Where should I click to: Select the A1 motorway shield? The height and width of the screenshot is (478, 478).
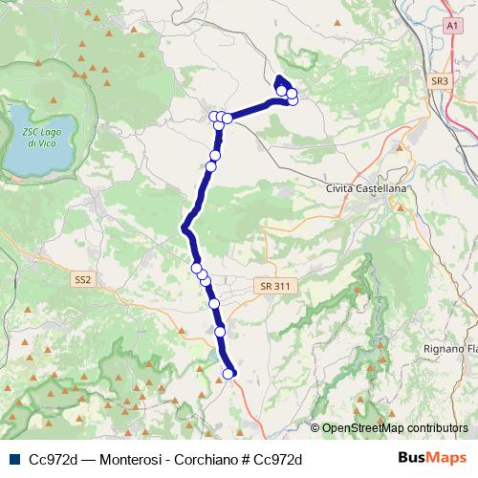450,29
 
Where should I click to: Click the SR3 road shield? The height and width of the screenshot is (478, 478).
439,82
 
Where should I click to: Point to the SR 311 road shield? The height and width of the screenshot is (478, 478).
272,286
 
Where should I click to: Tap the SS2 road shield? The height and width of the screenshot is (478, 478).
82,279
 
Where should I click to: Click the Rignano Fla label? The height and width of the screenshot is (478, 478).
449,349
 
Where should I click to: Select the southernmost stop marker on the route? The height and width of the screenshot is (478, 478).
229,374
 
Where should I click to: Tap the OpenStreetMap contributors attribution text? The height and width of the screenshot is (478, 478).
395,427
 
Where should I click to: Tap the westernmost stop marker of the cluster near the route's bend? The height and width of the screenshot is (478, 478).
214,117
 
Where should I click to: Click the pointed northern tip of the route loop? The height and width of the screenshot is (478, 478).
278,78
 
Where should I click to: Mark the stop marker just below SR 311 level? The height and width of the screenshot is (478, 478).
214,303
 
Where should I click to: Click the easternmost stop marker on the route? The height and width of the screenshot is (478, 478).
293,99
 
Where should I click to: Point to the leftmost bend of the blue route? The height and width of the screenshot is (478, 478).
184,228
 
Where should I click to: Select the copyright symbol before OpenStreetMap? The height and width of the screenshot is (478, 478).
315,427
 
